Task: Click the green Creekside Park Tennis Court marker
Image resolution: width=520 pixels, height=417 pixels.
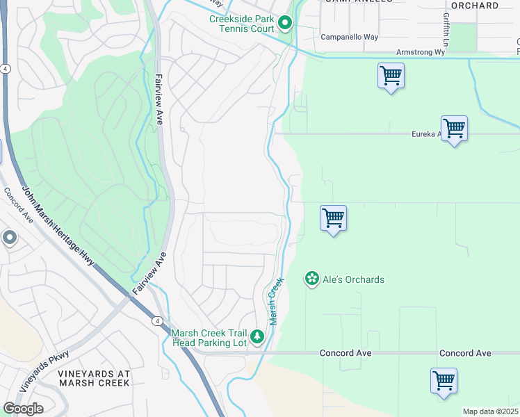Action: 285,24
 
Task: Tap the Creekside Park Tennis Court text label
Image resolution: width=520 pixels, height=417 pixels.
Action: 241,24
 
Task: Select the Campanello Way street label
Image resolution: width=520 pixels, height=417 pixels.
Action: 350,38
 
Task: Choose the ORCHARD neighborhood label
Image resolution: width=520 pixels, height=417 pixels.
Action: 475,6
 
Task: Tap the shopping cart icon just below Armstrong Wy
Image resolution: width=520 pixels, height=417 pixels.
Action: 391,75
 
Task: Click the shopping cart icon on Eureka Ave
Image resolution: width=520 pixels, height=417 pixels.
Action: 454,128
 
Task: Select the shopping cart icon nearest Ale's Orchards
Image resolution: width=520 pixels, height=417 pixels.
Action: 334,218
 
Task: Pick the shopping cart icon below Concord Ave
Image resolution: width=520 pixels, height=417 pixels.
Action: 444,380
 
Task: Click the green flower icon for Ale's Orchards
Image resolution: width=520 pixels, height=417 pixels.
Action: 312,279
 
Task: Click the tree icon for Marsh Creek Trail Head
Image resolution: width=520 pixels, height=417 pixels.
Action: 257,337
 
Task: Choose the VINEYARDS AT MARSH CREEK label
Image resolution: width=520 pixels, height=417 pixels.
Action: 94,377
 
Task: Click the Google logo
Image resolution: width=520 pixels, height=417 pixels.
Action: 23,409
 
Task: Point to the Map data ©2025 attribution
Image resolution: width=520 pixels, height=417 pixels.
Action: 490,411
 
